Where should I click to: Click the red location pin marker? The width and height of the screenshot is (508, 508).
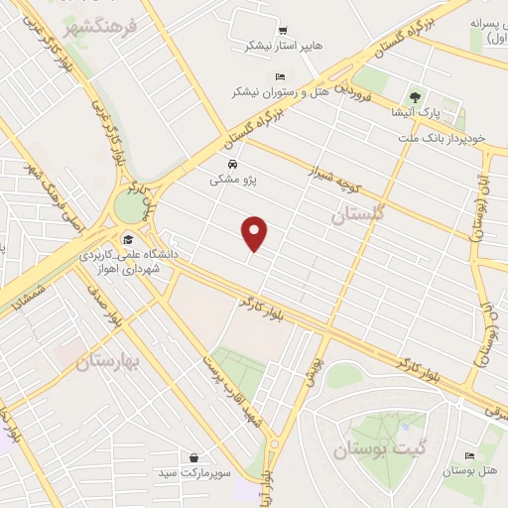click(x=256, y=233)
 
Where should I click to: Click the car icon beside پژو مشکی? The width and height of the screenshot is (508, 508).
click(x=231, y=164)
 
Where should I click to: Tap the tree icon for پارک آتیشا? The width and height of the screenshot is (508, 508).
click(x=415, y=97)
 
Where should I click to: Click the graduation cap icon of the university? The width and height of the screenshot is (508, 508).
click(x=128, y=239)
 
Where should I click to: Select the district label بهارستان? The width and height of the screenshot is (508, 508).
click(x=110, y=363)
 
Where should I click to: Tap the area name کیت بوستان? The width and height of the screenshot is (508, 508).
click(x=369, y=450)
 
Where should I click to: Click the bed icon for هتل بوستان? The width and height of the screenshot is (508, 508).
click(x=469, y=454)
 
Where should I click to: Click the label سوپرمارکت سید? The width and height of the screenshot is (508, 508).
click(x=192, y=474)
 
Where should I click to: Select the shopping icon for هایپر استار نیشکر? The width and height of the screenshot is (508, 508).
click(x=284, y=31)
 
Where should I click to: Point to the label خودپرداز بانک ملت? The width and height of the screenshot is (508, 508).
click(x=442, y=140)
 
